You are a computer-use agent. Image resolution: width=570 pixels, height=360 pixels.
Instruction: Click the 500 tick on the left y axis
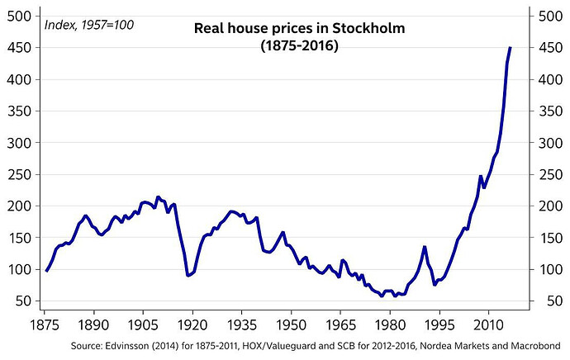click(23, 17)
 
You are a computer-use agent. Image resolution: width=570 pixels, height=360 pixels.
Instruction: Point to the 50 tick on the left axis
click(26, 301)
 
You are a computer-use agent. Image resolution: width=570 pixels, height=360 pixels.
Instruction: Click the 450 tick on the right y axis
click(548, 48)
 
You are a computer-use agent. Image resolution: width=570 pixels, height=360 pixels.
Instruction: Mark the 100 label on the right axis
click(548, 269)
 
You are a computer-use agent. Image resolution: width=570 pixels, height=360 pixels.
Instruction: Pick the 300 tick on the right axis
click(548, 143)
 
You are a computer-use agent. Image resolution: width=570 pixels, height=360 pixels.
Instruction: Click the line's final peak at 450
click(510, 48)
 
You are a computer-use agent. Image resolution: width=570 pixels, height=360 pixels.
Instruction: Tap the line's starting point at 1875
click(46, 271)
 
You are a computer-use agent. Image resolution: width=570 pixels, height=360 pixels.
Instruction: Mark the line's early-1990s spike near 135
click(425, 247)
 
